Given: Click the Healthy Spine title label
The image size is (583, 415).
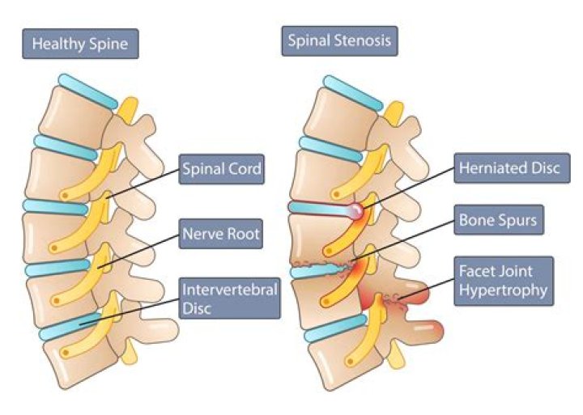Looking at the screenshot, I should tap(80, 43).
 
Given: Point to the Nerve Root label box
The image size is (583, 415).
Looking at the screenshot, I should tap(220, 235).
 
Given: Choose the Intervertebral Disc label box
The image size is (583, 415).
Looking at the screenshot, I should tap(229, 298).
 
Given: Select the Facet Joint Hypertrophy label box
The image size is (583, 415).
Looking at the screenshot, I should tap(504, 281).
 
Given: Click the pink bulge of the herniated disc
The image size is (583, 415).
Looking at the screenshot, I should tap(355, 212).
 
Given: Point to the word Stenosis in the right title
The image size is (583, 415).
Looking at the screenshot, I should tap(365, 40).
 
